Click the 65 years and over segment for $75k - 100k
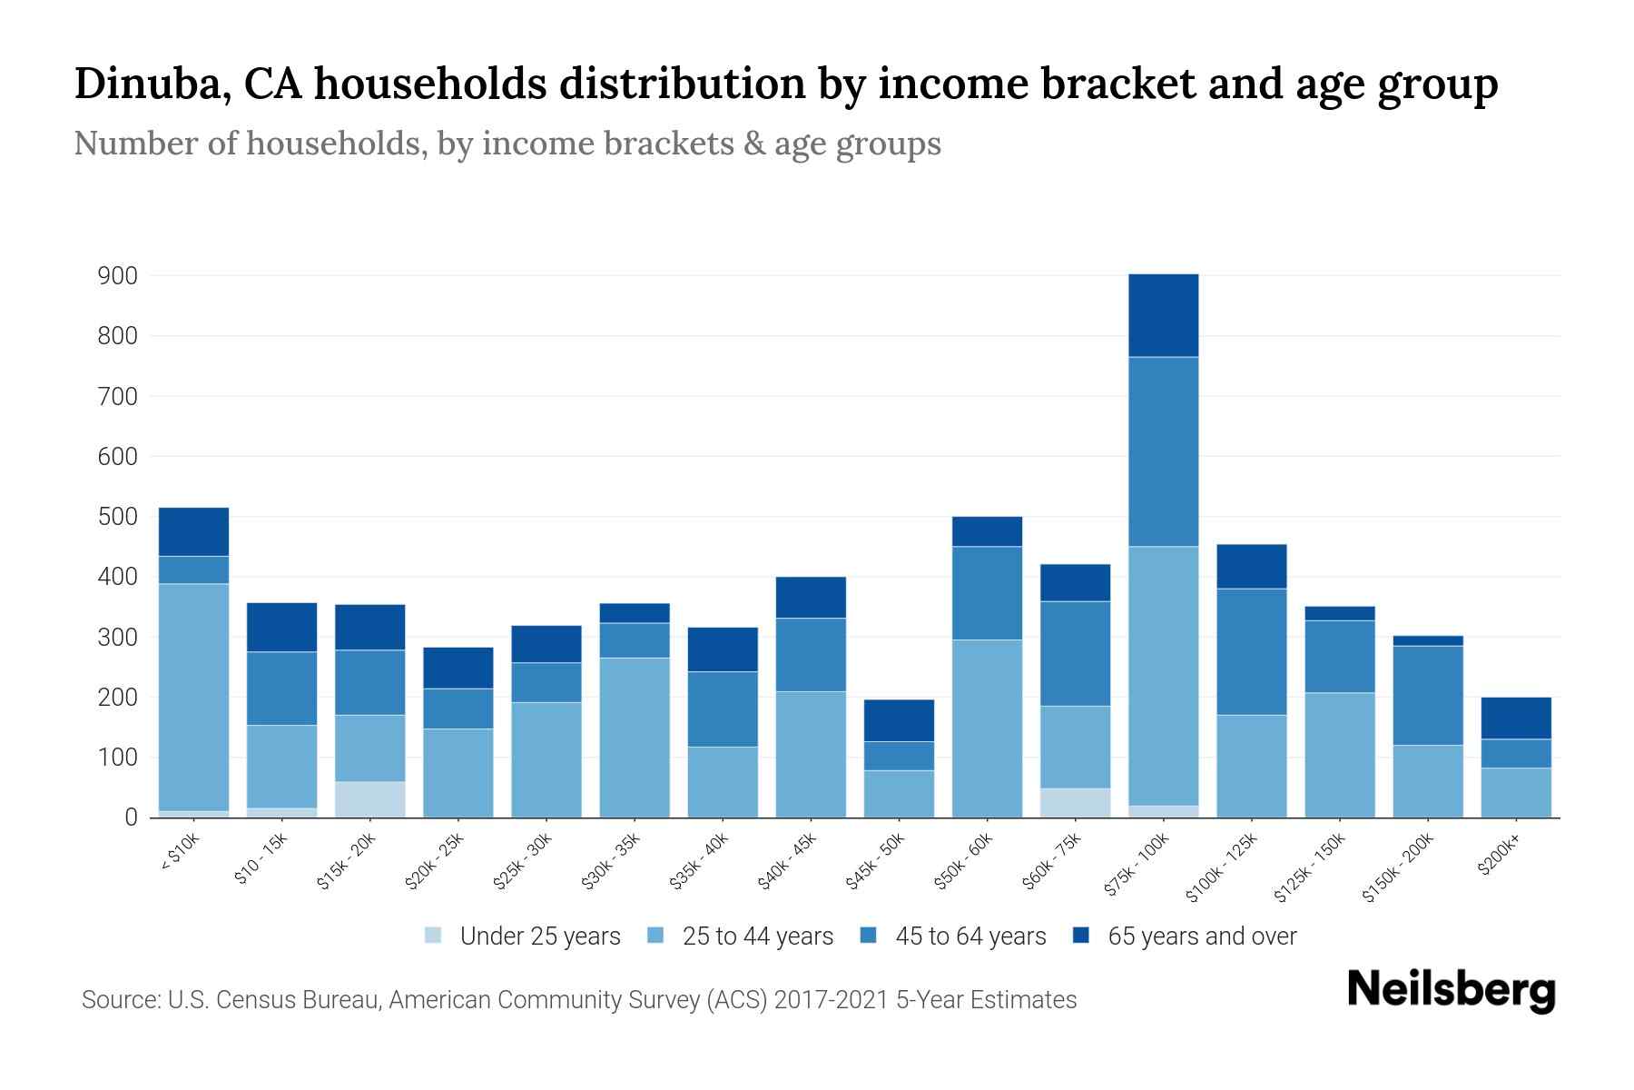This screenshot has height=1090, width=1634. point(1163,315)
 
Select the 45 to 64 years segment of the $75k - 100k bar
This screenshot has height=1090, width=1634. point(1163,451)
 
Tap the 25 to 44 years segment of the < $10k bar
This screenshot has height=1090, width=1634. point(193,697)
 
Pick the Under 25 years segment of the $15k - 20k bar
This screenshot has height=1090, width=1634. point(369,799)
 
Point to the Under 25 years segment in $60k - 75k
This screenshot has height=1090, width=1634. point(1075,803)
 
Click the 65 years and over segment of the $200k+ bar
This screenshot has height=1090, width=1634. point(1515,718)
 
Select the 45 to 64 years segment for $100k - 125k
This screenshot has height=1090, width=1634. point(1251,651)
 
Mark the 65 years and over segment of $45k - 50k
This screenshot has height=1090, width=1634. point(899,720)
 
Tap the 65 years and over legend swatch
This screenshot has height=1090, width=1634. point(1081,936)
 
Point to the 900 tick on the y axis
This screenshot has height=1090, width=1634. point(117,276)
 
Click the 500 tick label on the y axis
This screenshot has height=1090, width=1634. point(117,517)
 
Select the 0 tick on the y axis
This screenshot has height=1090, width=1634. point(131,817)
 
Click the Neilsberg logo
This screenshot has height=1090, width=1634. point(1451,990)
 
